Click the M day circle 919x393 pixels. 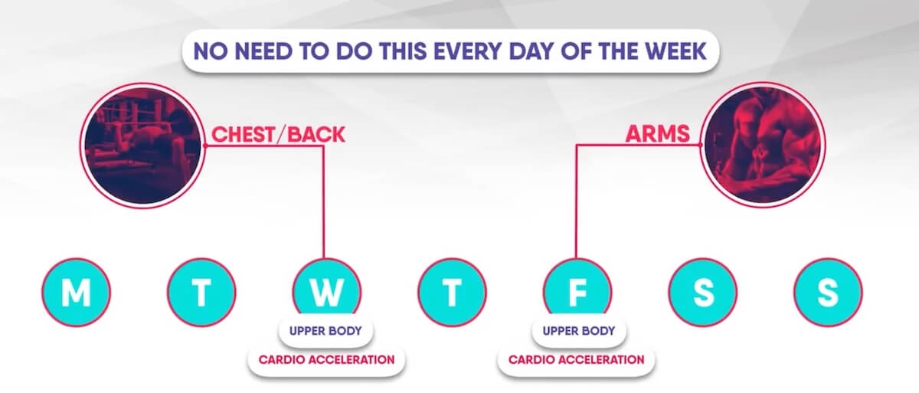click(75, 292)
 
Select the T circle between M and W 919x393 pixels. click(201, 292)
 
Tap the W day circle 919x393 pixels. click(326, 292)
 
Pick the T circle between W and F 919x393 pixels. click(452, 292)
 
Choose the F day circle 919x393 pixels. click(577, 292)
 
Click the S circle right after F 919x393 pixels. click(702, 292)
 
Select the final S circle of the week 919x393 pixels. click(828, 292)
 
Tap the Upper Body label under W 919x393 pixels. click(326, 333)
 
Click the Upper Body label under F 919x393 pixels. click(577, 333)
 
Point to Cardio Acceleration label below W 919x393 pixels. click(326, 359)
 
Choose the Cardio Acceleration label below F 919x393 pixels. click(577, 359)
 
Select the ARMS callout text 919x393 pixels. click(658, 136)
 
